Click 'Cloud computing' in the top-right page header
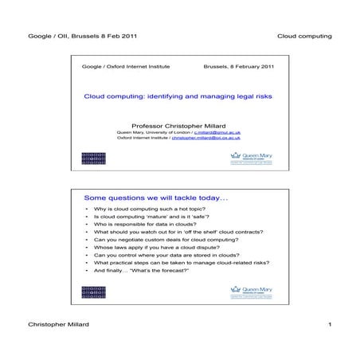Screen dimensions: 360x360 point(304,37)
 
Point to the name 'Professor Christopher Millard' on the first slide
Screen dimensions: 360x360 point(180,124)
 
